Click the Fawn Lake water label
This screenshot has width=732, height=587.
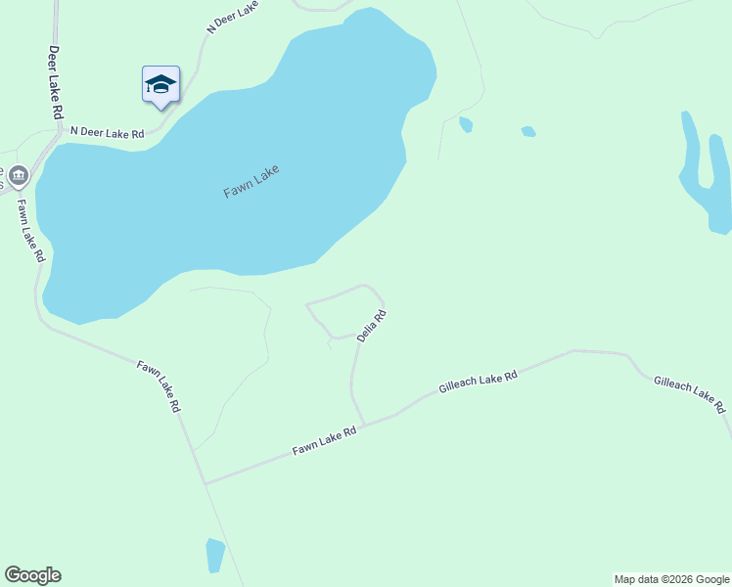tap(252, 182)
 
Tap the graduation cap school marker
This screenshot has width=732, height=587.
tap(160, 85)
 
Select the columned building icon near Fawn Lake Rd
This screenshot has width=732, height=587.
tap(20, 176)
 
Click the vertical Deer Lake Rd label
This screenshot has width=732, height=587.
tap(56, 82)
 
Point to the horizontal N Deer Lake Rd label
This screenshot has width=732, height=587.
tap(108, 133)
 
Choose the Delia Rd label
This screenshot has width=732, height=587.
tap(372, 325)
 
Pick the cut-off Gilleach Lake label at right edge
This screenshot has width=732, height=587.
tap(689, 391)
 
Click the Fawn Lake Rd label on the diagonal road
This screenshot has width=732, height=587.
tap(159, 385)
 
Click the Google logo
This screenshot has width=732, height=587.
tap(32, 575)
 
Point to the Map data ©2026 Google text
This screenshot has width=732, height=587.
tap(671, 579)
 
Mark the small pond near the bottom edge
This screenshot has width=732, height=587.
tap(215, 555)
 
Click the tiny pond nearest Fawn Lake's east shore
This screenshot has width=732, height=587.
tap(466, 124)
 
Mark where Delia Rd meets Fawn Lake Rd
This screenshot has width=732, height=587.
tap(364, 425)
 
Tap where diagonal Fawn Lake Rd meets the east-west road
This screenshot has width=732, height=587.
tap(205, 482)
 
